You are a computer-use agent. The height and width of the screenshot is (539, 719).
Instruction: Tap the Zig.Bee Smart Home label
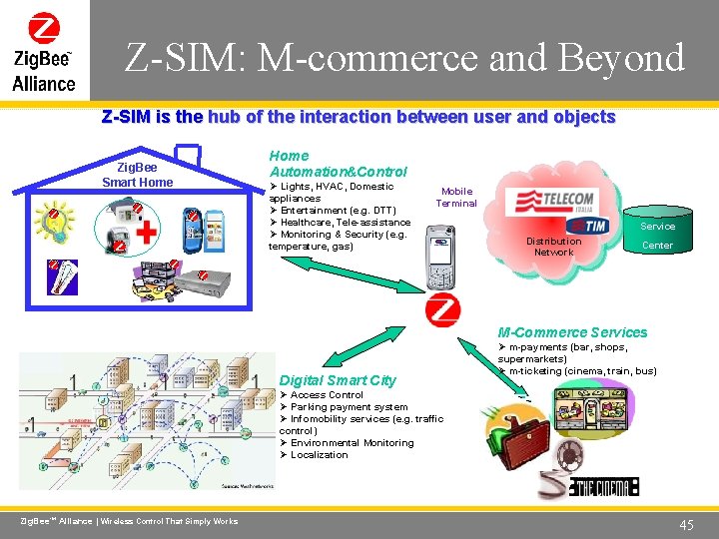(137, 175)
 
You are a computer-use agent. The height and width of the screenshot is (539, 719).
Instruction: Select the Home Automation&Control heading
(339, 164)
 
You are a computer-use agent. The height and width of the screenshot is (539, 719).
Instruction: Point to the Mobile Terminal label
(456, 197)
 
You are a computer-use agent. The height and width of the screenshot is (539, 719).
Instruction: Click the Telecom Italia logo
(554, 200)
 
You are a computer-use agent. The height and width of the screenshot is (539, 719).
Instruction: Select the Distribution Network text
(553, 247)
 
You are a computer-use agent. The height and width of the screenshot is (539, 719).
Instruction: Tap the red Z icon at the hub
(442, 310)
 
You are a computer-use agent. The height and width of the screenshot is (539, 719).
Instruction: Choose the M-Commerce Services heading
(573, 332)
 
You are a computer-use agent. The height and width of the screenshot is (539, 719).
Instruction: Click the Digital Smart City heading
(338, 380)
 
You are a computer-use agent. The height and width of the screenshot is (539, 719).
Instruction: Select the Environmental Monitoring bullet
(352, 443)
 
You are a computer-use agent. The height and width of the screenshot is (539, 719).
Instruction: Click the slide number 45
(686, 524)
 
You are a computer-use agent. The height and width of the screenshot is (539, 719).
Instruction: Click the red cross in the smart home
(145, 233)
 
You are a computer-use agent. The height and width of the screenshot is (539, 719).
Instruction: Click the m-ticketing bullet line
(582, 371)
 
